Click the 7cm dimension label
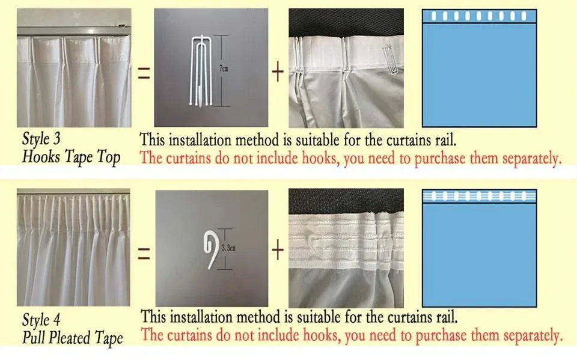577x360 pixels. tap(224, 69)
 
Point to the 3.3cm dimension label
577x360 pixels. tap(228, 248)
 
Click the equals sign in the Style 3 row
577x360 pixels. tap(144, 73)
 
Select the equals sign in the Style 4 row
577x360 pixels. tap(144, 253)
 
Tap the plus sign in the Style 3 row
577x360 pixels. tap(278, 72)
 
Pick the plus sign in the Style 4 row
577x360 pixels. tap(278, 250)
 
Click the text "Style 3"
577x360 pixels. tap(41, 139)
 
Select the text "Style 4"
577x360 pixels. tap(41, 320)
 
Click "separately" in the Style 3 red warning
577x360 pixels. tap(532, 159)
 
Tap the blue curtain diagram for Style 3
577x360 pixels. tap(480, 68)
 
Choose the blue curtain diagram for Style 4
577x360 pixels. tap(480, 248)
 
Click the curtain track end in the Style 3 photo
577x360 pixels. tap(123, 26)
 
